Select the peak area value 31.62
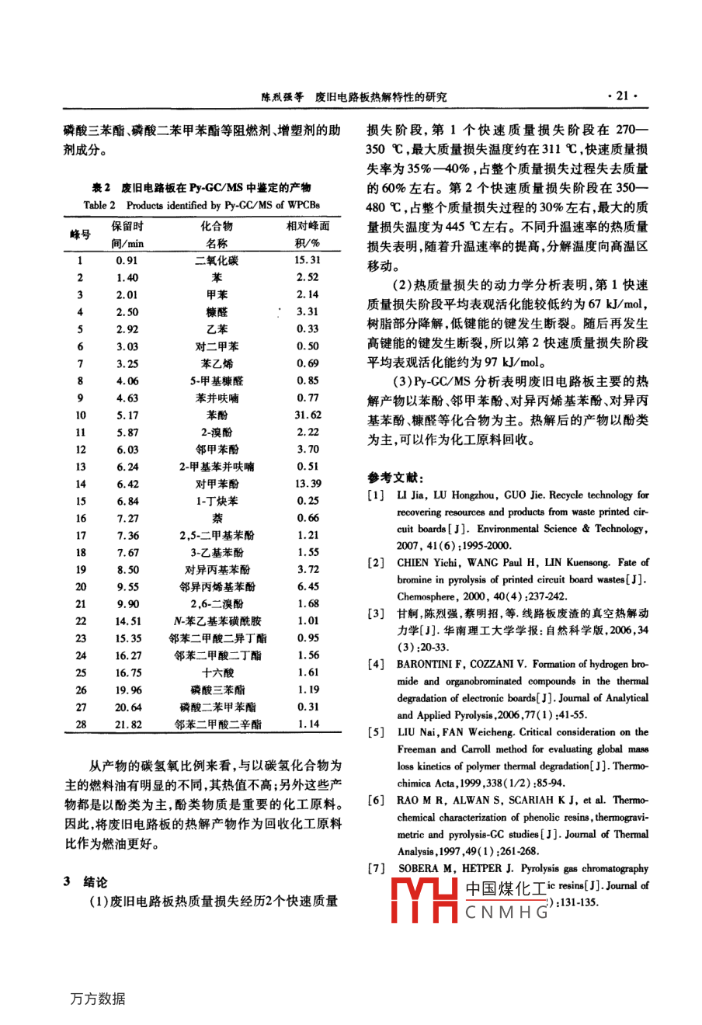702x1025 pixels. pyautogui.click(x=308, y=415)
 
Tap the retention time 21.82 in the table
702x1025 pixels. pyautogui.click(x=128, y=724)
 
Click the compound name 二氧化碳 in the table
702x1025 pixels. pyautogui.click(x=217, y=261)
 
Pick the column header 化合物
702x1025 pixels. pyautogui.click(x=217, y=227)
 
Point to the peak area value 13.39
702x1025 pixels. pyautogui.click(x=308, y=484)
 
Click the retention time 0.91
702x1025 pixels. pyautogui.click(x=127, y=261)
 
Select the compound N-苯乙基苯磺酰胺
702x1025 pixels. pyautogui.click(x=217, y=621)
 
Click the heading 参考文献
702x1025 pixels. pyautogui.click(x=395, y=478)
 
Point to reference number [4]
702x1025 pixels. pyautogui.click(x=376, y=665)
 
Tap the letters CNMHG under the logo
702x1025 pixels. pyautogui.click(x=506, y=913)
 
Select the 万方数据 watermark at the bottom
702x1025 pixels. pyautogui.click(x=98, y=999)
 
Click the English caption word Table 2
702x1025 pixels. pyautogui.click(x=99, y=206)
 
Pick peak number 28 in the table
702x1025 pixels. pyautogui.click(x=81, y=724)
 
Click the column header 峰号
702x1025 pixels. pyautogui.click(x=80, y=235)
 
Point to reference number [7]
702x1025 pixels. pyautogui.click(x=376, y=869)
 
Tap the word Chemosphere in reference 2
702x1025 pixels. pyautogui.click(x=426, y=597)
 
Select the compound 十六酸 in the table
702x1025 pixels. pyautogui.click(x=217, y=673)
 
